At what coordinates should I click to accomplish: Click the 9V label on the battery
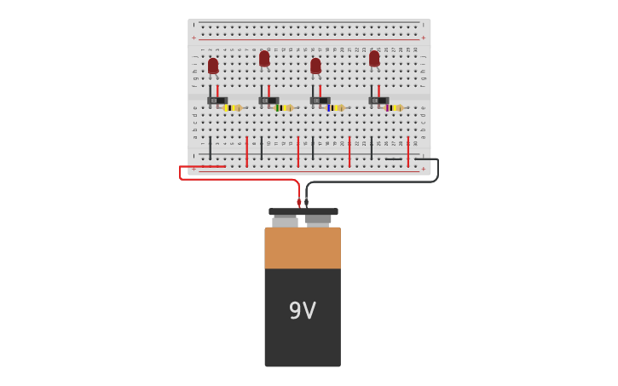click(302, 311)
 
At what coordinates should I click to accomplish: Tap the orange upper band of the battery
click(302, 247)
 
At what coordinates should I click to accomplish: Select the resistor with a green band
click(284, 108)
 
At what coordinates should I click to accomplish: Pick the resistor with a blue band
click(335, 108)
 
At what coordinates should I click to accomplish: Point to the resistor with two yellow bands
click(232, 108)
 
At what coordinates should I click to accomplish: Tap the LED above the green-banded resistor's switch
click(264, 59)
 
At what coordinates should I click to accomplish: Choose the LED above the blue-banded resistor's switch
click(315, 66)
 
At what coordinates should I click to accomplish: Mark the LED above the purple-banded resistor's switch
click(374, 59)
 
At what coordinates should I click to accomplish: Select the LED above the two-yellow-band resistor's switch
click(213, 66)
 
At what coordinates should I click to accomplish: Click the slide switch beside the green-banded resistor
click(269, 101)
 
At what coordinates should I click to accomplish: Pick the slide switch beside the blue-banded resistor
click(320, 101)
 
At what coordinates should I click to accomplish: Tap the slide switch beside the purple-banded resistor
click(378, 101)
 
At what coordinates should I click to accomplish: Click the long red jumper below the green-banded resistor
click(298, 151)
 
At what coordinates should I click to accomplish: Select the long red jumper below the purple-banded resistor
click(407, 151)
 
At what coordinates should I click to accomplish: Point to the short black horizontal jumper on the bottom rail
click(393, 159)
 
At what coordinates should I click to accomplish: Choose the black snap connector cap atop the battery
click(303, 211)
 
